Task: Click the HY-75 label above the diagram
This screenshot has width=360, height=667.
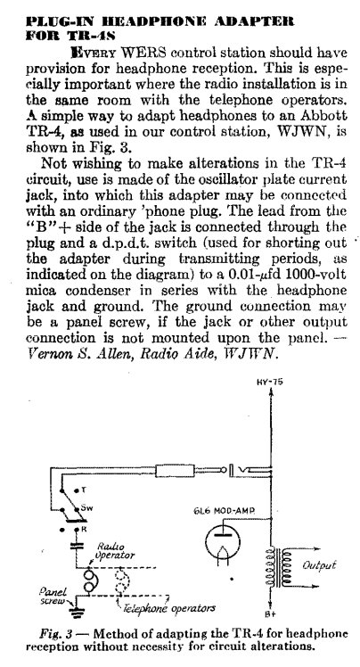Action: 269,382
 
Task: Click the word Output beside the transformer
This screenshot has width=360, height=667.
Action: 319,565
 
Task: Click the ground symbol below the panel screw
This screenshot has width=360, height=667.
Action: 78,613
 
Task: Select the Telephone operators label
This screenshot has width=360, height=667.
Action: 169,608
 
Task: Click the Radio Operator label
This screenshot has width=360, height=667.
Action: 115,551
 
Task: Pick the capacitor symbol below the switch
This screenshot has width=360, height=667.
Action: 77,546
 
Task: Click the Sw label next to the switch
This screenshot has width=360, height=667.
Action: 85,508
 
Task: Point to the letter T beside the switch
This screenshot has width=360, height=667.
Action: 83,490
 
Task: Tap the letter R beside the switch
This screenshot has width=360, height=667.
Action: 84,530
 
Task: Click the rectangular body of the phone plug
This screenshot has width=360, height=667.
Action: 176,471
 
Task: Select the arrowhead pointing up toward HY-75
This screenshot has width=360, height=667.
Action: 270,393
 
